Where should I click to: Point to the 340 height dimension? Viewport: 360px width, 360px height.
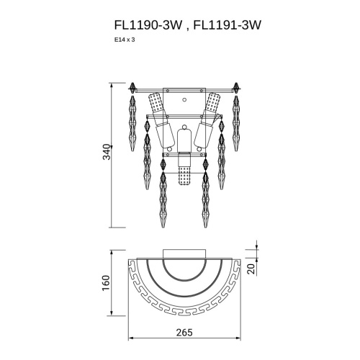pyautogui.click(x=107, y=153)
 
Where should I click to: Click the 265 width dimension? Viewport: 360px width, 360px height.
pyautogui.click(x=184, y=333)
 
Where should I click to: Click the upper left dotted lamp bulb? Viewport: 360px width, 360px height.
pyautogui.click(x=154, y=104)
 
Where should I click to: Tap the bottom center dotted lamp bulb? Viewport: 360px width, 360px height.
pyautogui.click(x=184, y=175)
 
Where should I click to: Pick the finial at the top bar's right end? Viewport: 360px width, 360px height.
pyautogui.click(x=235, y=90)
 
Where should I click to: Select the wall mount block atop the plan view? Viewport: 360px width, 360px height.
pyautogui.click(x=184, y=253)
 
